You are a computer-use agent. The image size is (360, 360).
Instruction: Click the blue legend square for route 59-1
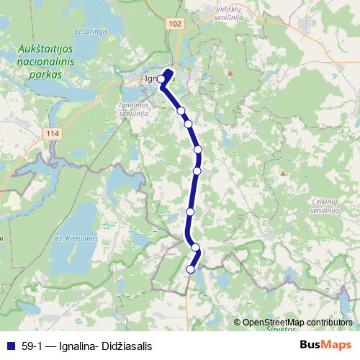point(10,346)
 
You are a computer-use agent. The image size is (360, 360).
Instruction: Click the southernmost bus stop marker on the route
point(191,269)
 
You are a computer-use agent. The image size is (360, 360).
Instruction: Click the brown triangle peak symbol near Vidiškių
point(230,73)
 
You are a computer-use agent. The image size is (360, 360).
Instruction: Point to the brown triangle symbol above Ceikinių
point(283,173)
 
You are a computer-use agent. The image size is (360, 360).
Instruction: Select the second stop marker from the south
point(195,247)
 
